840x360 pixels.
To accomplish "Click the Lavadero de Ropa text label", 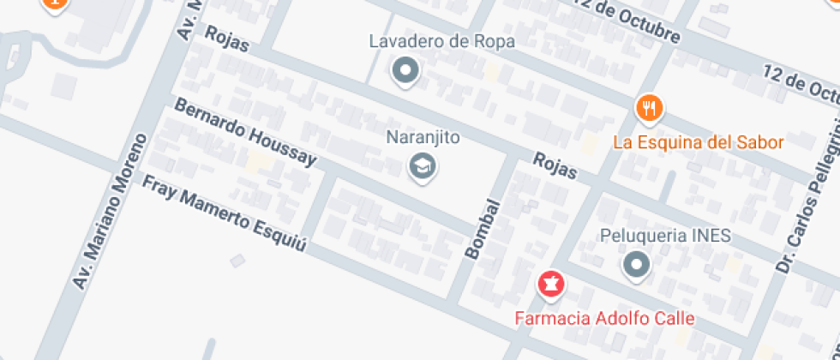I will [x=441, y=41].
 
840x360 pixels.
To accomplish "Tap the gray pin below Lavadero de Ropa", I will [x=405, y=71].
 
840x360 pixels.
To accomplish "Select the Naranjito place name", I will [x=423, y=137].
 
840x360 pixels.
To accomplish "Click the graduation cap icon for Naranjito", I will [x=422, y=165].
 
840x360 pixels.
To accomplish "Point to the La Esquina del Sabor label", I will [x=699, y=141].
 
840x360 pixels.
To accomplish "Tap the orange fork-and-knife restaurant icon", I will [x=650, y=109].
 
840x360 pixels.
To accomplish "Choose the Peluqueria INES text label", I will [x=665, y=235].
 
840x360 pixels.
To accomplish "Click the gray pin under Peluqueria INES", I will [x=636, y=266].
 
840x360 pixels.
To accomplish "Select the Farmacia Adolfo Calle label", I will [x=603, y=318].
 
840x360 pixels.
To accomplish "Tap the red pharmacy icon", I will [x=549, y=284].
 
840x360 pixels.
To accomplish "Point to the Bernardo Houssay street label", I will [x=246, y=133].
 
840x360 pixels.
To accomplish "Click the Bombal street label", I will [x=482, y=229].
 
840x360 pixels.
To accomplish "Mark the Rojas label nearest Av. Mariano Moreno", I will [x=227, y=39].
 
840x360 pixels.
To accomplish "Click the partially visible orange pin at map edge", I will [x=53, y=4].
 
